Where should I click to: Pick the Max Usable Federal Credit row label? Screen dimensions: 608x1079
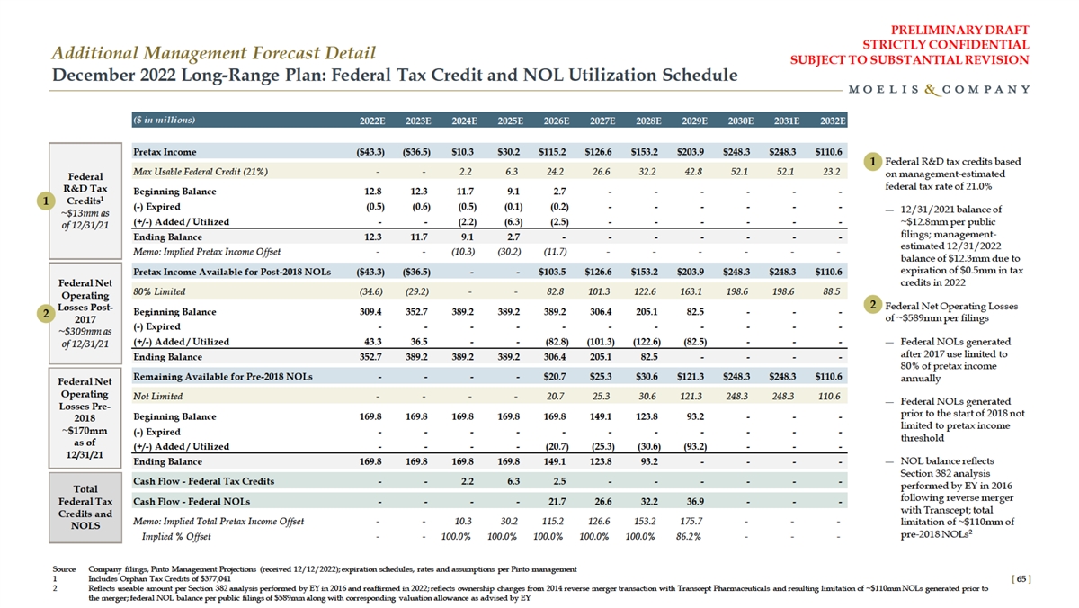[x=200, y=171]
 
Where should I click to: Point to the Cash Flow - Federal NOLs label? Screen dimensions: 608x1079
[x=192, y=501]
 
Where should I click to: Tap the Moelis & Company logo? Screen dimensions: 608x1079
[x=939, y=89]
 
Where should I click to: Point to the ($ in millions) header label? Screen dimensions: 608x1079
[x=164, y=120]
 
